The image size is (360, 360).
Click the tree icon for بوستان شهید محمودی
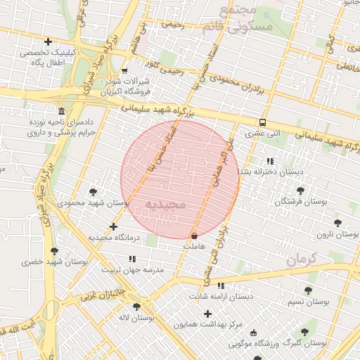pyautogui.click(x=94, y=192)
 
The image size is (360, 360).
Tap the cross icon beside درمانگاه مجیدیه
pyautogui.click(x=114, y=226)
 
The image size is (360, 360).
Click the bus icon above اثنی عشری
pyautogui.click(x=262, y=121)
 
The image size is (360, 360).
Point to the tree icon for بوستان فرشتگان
pyautogui.click(x=301, y=191)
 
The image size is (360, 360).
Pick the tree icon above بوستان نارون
pyautogui.click(x=337, y=222)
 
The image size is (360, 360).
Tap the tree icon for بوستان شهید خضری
pyautogui.click(x=54, y=250)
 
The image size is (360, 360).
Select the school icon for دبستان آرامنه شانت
pyautogui.click(x=221, y=285)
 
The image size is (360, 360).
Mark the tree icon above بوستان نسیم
pyautogui.click(x=308, y=290)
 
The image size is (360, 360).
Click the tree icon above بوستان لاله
pyautogui.click(x=136, y=307)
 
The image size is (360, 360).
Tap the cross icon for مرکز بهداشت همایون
pyautogui.click(x=207, y=312)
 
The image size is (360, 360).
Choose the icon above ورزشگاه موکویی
pyautogui.click(x=254, y=333)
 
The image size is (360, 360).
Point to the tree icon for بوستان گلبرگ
pyautogui.click(x=304, y=332)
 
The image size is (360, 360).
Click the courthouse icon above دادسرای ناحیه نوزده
pyautogui.click(x=61, y=112)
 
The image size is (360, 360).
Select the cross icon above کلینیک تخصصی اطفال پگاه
pyautogui.click(x=47, y=42)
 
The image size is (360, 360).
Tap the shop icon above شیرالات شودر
pyautogui.click(x=124, y=71)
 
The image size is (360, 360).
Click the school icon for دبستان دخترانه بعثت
pyautogui.click(x=270, y=161)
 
